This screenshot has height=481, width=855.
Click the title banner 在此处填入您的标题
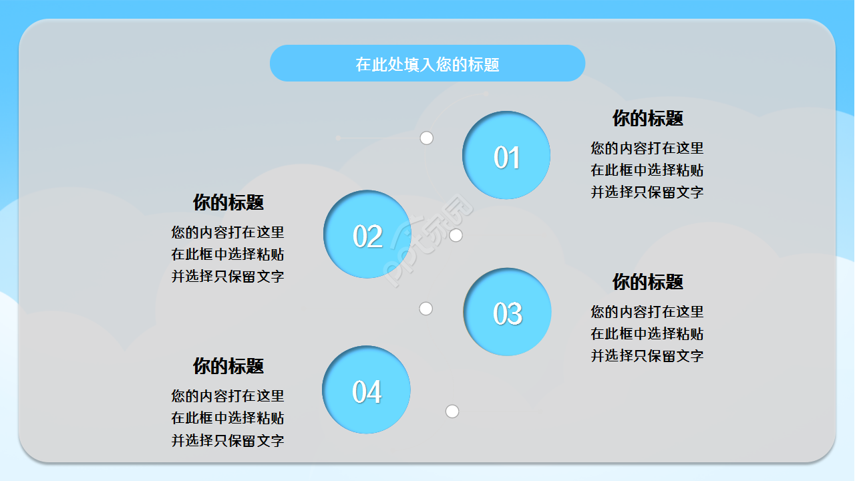click(x=427, y=63)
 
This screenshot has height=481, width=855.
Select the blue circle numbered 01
click(x=506, y=156)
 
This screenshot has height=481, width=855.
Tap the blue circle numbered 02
click(x=367, y=234)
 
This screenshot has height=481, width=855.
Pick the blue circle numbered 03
click(x=507, y=312)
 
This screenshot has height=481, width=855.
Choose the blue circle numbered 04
click(x=366, y=390)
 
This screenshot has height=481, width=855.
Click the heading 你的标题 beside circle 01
click(x=647, y=118)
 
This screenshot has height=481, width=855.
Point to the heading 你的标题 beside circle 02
click(x=228, y=202)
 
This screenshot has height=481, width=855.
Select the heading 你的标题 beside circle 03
click(x=647, y=282)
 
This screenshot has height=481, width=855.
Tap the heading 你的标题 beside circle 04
click(x=228, y=365)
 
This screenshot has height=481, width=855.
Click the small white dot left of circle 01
click(x=427, y=138)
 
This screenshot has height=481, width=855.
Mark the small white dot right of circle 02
click(x=456, y=235)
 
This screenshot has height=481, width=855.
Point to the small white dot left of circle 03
click(x=426, y=309)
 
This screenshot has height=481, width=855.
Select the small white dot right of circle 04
click(x=452, y=411)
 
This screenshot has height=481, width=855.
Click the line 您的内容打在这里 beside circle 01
click(x=647, y=148)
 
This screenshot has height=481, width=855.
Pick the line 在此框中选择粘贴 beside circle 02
click(x=228, y=255)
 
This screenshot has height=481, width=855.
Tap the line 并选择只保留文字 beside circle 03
click(x=647, y=356)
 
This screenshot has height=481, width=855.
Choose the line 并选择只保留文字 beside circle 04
click(x=228, y=441)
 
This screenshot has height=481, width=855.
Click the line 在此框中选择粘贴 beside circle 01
click(x=647, y=170)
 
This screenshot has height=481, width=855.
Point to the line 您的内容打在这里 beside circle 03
click(x=647, y=312)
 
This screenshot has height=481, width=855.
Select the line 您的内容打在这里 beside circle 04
click(x=228, y=396)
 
